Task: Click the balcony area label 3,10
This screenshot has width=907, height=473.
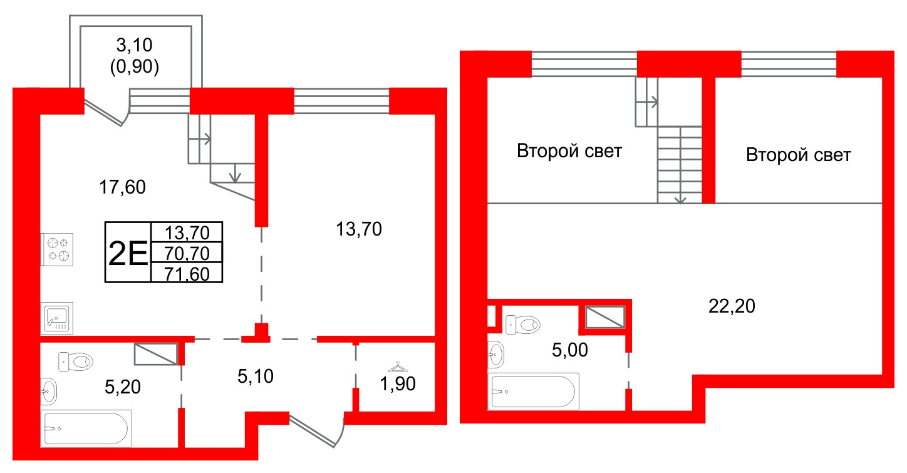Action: click(x=135, y=45)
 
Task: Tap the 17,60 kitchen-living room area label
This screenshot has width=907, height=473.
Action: click(x=122, y=187)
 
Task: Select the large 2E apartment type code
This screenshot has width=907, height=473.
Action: click(x=128, y=253)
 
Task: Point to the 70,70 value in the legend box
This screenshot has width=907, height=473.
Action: click(x=187, y=254)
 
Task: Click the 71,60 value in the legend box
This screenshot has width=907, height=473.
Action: click(x=187, y=274)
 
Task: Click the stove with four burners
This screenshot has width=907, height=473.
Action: click(x=57, y=249)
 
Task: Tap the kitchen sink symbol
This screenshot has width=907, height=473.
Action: click(x=57, y=318)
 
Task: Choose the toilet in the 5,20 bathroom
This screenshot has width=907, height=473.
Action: click(x=76, y=361)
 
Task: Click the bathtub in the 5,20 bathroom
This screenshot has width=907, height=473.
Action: click(x=86, y=429)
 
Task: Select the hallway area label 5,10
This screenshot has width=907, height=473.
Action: click(x=256, y=377)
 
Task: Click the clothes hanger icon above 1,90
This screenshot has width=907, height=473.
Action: click(x=398, y=366)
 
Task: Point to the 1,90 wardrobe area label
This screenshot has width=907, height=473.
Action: click(x=398, y=383)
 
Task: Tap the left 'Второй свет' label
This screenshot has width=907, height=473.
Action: click(x=569, y=151)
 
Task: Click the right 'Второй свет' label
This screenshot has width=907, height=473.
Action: click(x=799, y=155)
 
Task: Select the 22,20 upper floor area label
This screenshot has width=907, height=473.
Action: click(x=732, y=306)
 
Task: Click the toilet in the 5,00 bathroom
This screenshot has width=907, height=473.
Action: click(x=523, y=325)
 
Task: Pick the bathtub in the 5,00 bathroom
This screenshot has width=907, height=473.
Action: click(x=533, y=392)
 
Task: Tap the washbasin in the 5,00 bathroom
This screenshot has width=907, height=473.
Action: click(x=496, y=355)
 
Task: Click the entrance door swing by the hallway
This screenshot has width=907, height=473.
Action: click(x=317, y=430)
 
